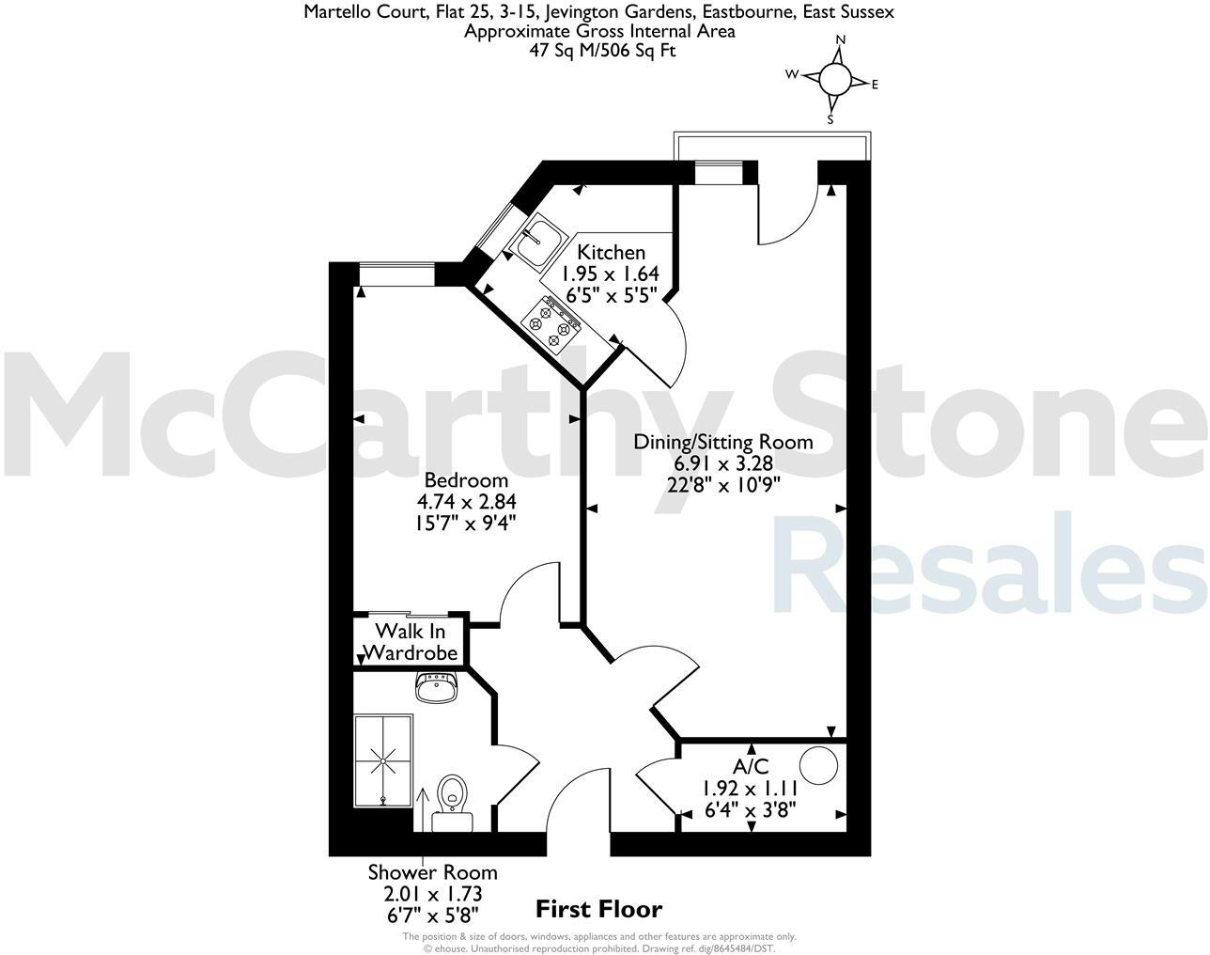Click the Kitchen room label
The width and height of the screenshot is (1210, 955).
click(x=611, y=252)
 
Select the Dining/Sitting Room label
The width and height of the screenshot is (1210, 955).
click(x=722, y=442)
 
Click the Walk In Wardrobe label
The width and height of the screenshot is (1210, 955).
click(x=410, y=641)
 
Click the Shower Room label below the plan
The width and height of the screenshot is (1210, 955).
click(x=432, y=872)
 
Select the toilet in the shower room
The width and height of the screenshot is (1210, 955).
click(x=453, y=792)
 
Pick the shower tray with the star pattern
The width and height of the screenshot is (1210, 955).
click(x=383, y=759)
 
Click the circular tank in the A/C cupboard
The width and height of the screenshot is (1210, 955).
click(x=817, y=765)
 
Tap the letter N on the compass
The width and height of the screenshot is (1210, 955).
click(x=841, y=40)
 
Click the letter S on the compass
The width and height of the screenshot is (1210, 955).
click(x=830, y=119)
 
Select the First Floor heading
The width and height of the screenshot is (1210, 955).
click(x=598, y=909)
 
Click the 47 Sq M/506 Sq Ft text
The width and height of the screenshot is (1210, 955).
click(x=602, y=50)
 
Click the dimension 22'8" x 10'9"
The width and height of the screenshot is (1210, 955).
click(x=722, y=483)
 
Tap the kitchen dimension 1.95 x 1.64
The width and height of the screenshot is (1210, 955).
click(x=611, y=273)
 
